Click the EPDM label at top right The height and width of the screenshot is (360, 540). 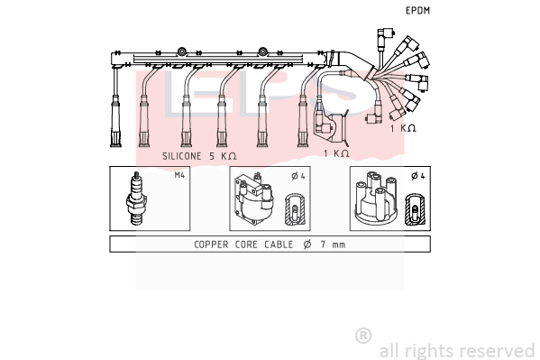(417, 11)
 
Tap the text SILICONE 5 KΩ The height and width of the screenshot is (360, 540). (199, 156)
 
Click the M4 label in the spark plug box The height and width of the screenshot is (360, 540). (179, 175)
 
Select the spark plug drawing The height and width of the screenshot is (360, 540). (136, 198)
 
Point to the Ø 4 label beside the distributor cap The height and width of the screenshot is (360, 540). (418, 176)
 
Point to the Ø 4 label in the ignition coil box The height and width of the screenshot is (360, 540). (298, 176)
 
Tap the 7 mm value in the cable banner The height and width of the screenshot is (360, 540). (333, 245)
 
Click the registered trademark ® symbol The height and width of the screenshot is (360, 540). (363, 336)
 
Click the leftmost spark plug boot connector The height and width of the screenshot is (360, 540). (115, 122)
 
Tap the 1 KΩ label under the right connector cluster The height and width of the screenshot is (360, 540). (403, 128)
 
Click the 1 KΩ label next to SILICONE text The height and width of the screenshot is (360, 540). (336, 153)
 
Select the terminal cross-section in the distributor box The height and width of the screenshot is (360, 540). (415, 209)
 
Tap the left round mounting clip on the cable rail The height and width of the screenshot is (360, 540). (181, 52)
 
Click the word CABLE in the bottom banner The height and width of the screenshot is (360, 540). (279, 245)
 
